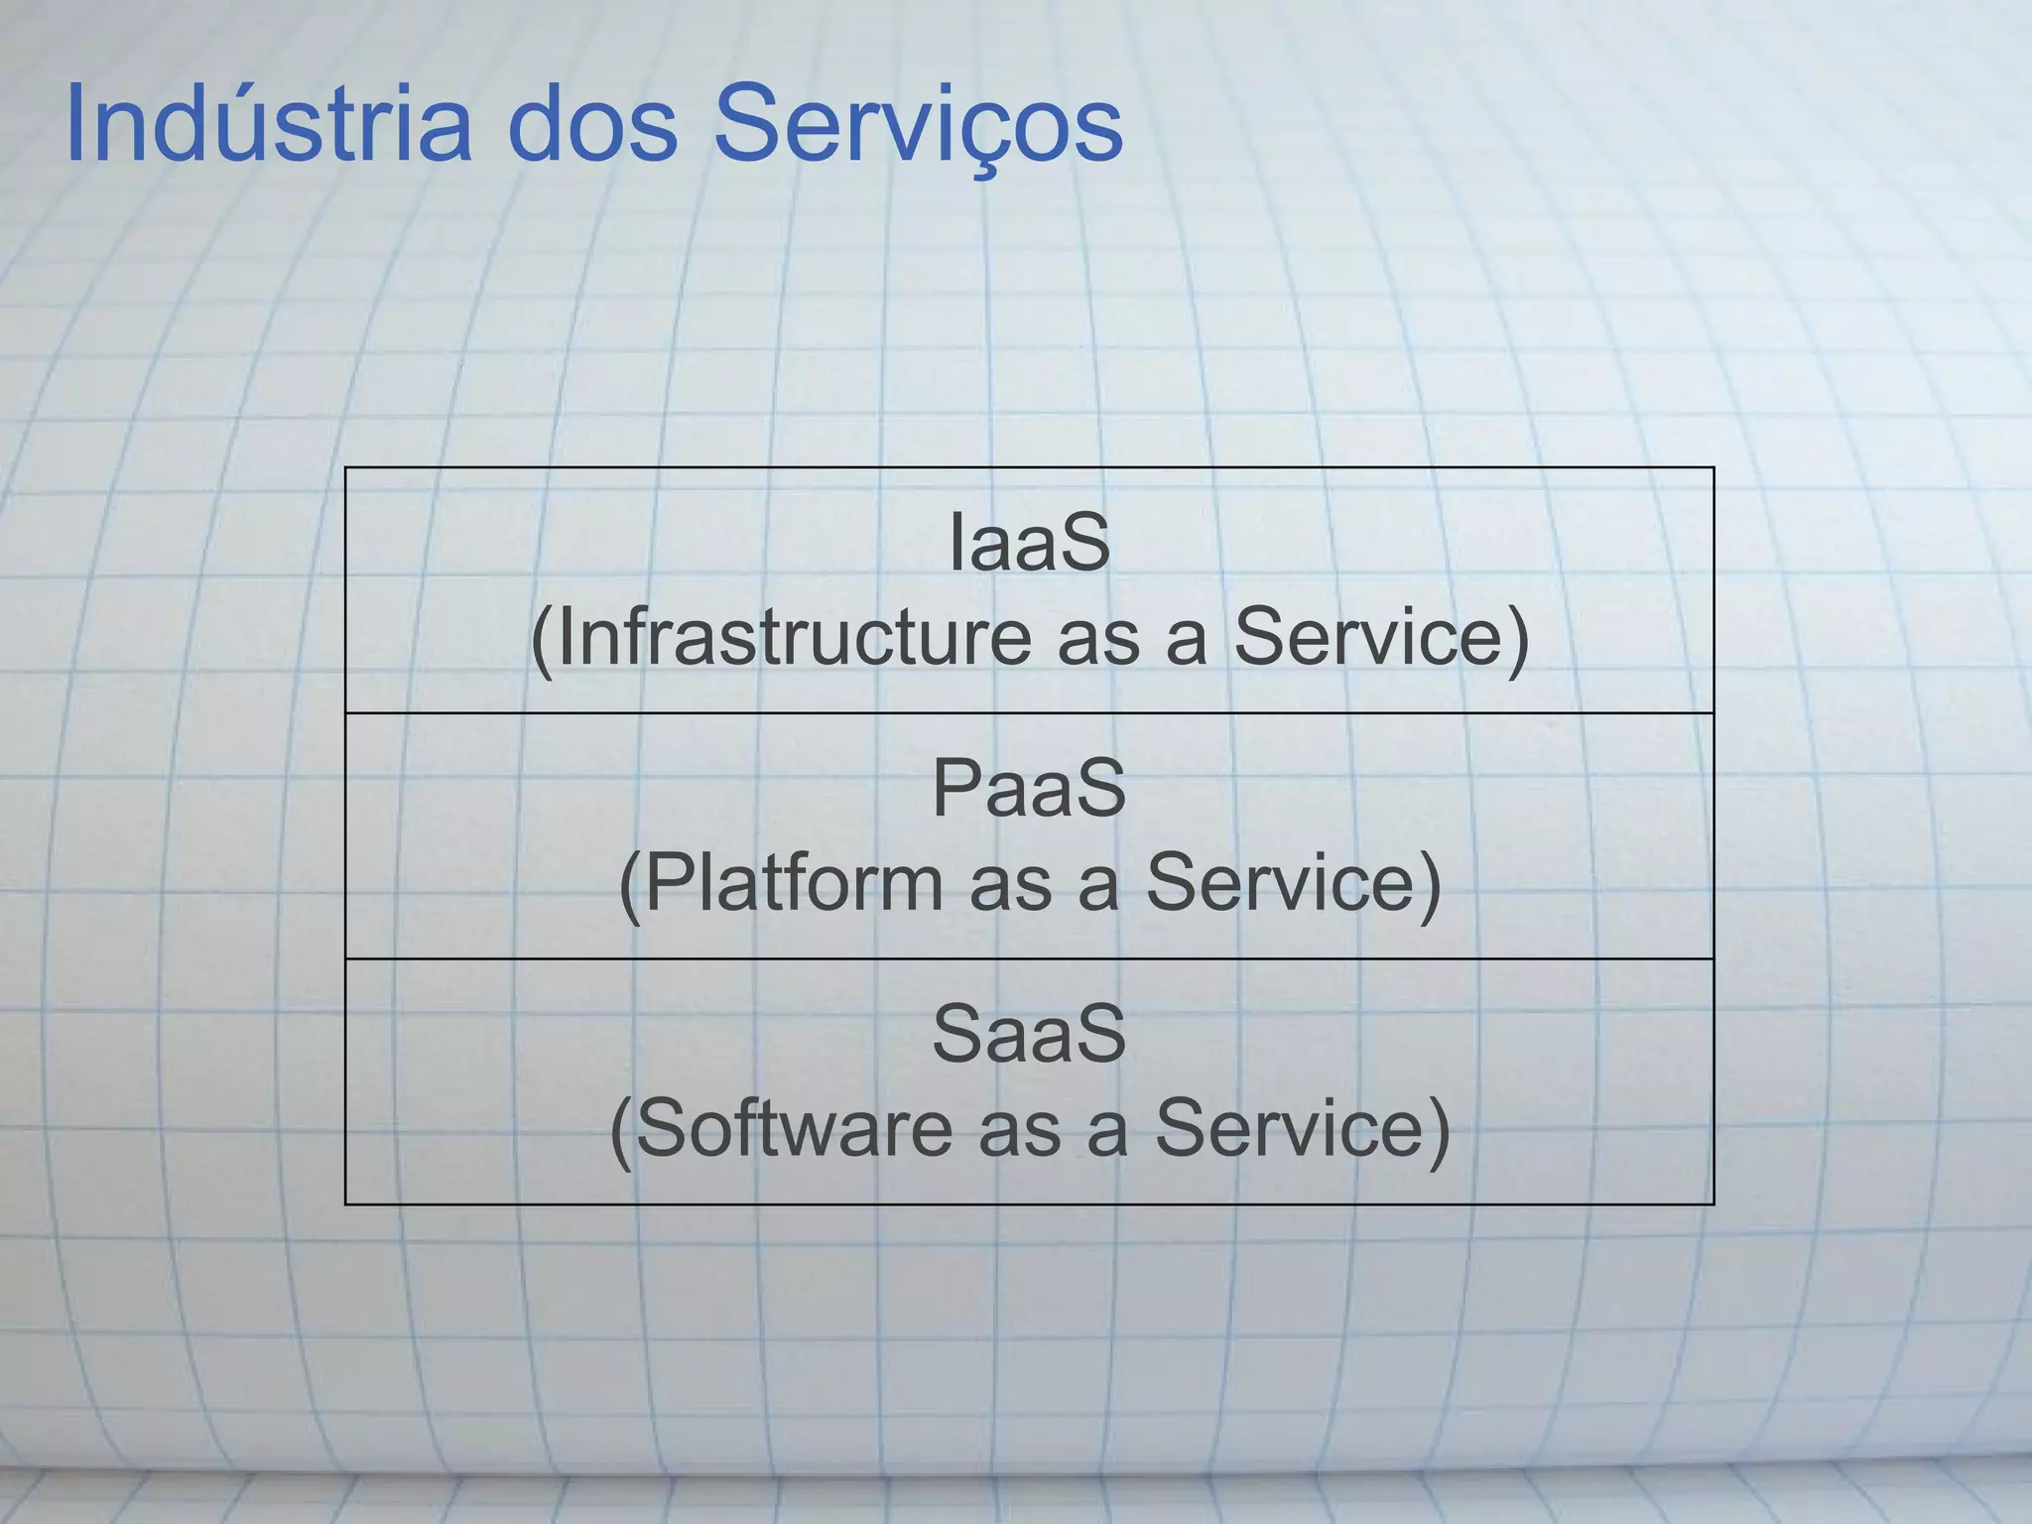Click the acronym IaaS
[1029, 543]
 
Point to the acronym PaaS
[1029, 789]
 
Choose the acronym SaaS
[1029, 1035]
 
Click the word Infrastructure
[794, 637]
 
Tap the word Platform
[794, 883]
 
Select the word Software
[794, 1129]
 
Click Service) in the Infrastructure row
[1381, 637]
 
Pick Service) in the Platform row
[1293, 883]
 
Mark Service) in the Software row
[1303, 1129]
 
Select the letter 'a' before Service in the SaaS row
[1107, 1133]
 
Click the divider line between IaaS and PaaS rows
[1029, 712]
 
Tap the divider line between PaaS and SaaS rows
[1029, 958]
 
